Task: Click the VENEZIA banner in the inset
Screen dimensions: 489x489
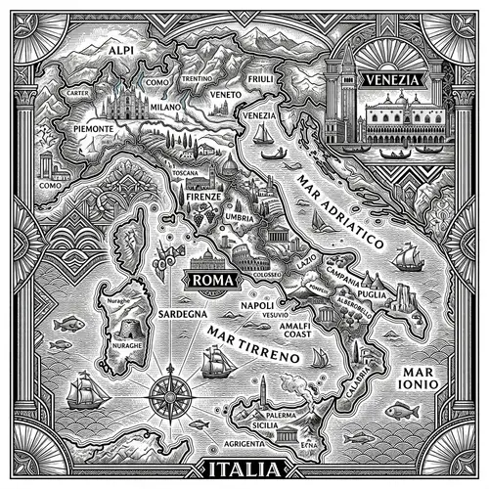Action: coord(389,79)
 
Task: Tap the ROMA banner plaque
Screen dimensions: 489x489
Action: coord(210,281)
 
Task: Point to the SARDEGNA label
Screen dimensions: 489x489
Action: coord(181,314)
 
